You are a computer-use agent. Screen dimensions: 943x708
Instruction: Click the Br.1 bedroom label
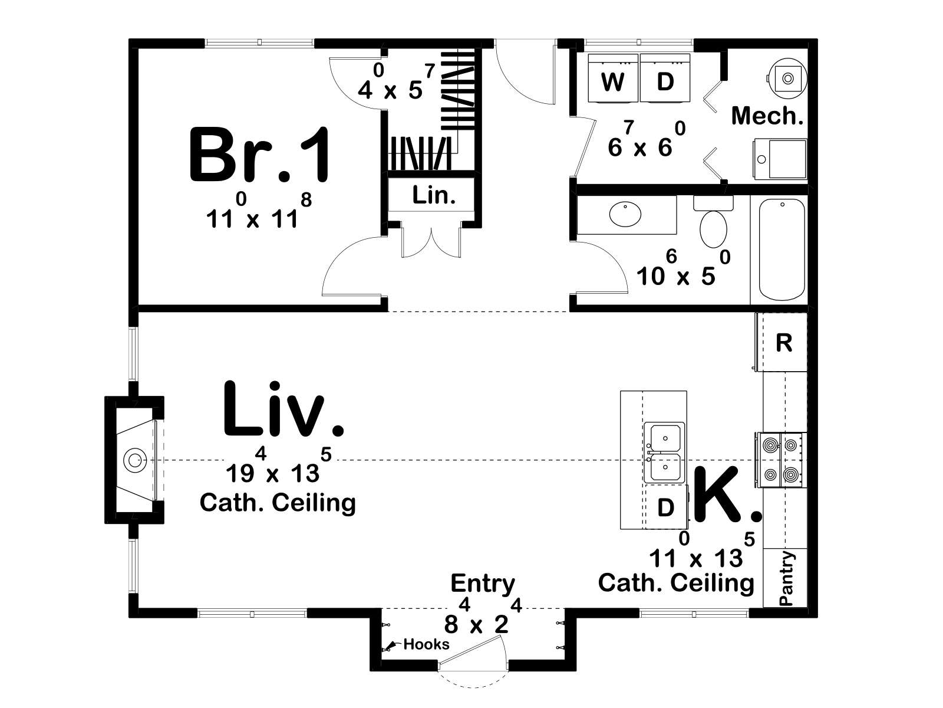[x=260, y=155]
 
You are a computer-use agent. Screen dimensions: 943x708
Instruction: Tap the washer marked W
[x=612, y=78]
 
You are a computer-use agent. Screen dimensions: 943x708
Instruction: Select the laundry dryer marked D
[x=665, y=78]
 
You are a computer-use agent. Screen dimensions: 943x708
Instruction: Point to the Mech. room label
[x=767, y=116]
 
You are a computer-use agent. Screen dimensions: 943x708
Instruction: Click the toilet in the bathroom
[x=713, y=222]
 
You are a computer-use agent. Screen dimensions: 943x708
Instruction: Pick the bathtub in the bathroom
[x=782, y=250]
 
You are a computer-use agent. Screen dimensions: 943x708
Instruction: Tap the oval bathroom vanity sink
[x=625, y=214]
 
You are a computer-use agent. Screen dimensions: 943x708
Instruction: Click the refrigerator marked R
[x=782, y=342]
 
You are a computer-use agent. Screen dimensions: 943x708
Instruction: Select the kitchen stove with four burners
[x=781, y=460]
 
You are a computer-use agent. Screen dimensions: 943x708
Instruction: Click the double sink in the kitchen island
[x=665, y=452]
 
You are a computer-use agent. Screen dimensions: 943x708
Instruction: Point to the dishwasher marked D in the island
[x=665, y=507]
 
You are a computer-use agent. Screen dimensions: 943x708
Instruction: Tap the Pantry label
[x=786, y=578]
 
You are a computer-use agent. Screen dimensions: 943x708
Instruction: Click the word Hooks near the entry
[x=426, y=644]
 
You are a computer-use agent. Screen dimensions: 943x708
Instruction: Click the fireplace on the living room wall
[x=134, y=460]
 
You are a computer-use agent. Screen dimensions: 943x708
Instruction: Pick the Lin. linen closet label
[x=433, y=196]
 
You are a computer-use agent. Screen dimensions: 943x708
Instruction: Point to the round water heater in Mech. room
[x=788, y=78]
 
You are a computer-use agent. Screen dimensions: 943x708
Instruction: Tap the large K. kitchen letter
[x=727, y=494]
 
